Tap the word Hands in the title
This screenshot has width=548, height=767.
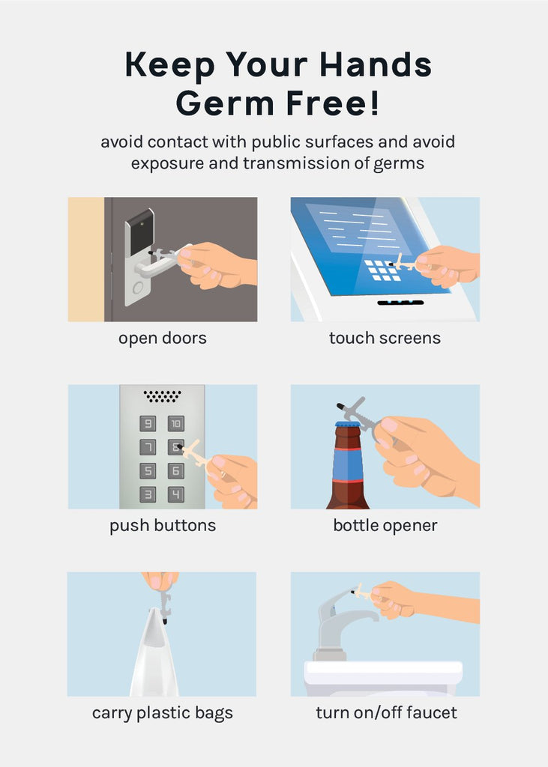click(x=376, y=64)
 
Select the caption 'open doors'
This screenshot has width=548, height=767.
click(x=163, y=339)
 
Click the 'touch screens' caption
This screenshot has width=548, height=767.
click(x=385, y=338)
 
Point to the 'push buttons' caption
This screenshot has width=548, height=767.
click(x=163, y=526)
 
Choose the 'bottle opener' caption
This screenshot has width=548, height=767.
click(x=385, y=526)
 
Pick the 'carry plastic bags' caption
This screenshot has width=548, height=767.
click(x=163, y=714)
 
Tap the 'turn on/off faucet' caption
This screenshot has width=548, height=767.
click(x=386, y=713)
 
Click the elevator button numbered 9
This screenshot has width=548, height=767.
click(x=148, y=424)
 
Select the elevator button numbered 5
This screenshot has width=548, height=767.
click(x=148, y=470)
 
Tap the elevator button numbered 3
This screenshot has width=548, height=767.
click(x=148, y=494)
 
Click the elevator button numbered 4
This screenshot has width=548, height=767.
click(x=176, y=494)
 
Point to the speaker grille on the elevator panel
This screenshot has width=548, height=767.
click(x=162, y=396)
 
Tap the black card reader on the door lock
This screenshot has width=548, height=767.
click(x=139, y=233)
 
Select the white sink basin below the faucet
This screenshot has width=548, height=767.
click(x=383, y=678)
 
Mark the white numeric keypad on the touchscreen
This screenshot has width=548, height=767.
click(x=383, y=270)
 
